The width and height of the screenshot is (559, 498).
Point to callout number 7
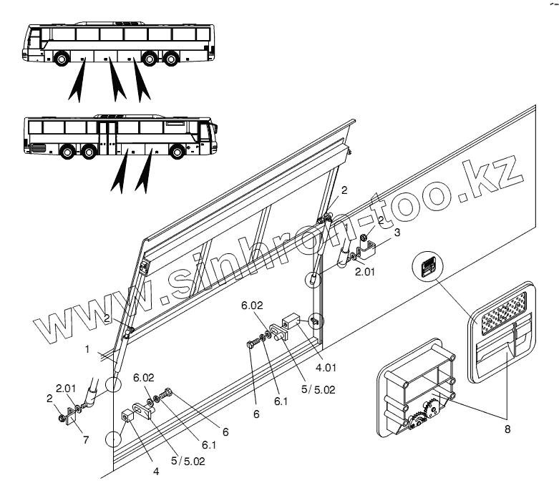click(86, 439)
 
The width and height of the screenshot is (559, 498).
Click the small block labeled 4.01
click(291, 320)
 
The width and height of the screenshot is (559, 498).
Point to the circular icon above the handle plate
click(427, 268)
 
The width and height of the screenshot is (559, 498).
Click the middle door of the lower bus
click(108, 136)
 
